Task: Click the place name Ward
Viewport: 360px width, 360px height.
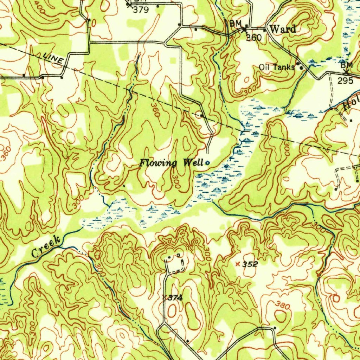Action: coord(283,29)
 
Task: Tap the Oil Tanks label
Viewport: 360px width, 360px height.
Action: coord(276,67)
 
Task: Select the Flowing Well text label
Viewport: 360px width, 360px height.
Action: coord(171,163)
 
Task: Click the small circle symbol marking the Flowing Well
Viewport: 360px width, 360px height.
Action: coord(207,163)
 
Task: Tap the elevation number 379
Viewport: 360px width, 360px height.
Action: coord(141,10)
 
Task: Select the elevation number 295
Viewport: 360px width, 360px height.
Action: coord(345,81)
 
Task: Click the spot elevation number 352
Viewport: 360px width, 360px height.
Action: coord(250,264)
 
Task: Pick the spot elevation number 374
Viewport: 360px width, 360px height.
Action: coord(175,298)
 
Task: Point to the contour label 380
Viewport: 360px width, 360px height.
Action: coord(283,305)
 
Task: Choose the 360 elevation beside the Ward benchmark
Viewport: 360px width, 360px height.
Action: coord(253,37)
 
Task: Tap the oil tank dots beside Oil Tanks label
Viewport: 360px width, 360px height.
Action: coord(300,66)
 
